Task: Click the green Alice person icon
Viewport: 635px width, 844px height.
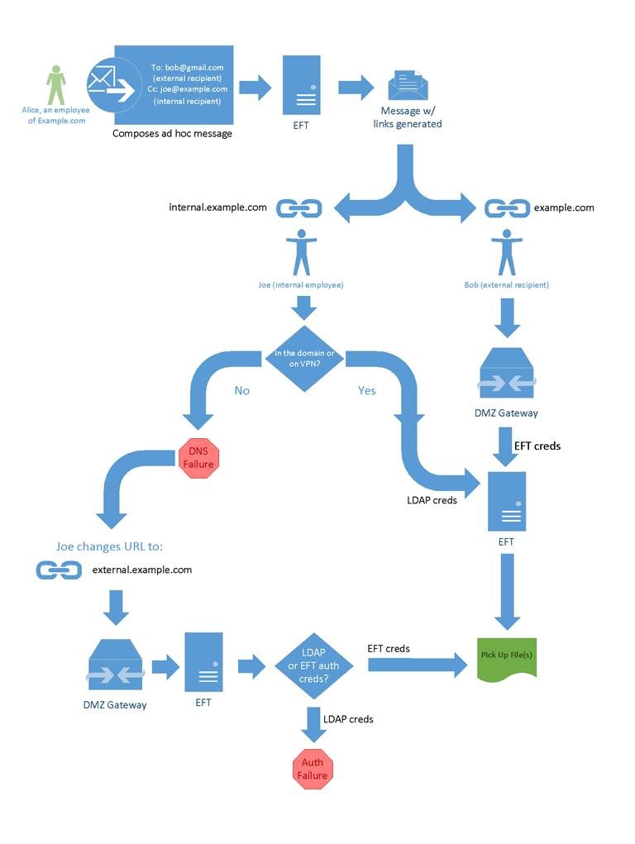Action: pyautogui.click(x=55, y=85)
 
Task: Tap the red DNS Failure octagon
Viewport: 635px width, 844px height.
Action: pyautogui.click(x=198, y=458)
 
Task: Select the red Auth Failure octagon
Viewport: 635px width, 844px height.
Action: pyautogui.click(x=313, y=769)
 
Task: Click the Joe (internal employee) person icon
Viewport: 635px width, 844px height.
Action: pyautogui.click(x=301, y=252)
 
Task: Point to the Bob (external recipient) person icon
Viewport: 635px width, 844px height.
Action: pyautogui.click(x=506, y=252)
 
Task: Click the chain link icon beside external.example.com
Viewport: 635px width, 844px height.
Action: pyautogui.click(x=59, y=570)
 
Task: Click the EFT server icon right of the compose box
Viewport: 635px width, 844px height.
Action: pyautogui.click(x=301, y=85)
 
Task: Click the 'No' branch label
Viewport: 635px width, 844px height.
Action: pyautogui.click(x=241, y=390)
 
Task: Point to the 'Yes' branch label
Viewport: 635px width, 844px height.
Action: pyautogui.click(x=367, y=390)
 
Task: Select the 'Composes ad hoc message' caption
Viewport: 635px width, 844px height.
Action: pyautogui.click(x=172, y=134)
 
